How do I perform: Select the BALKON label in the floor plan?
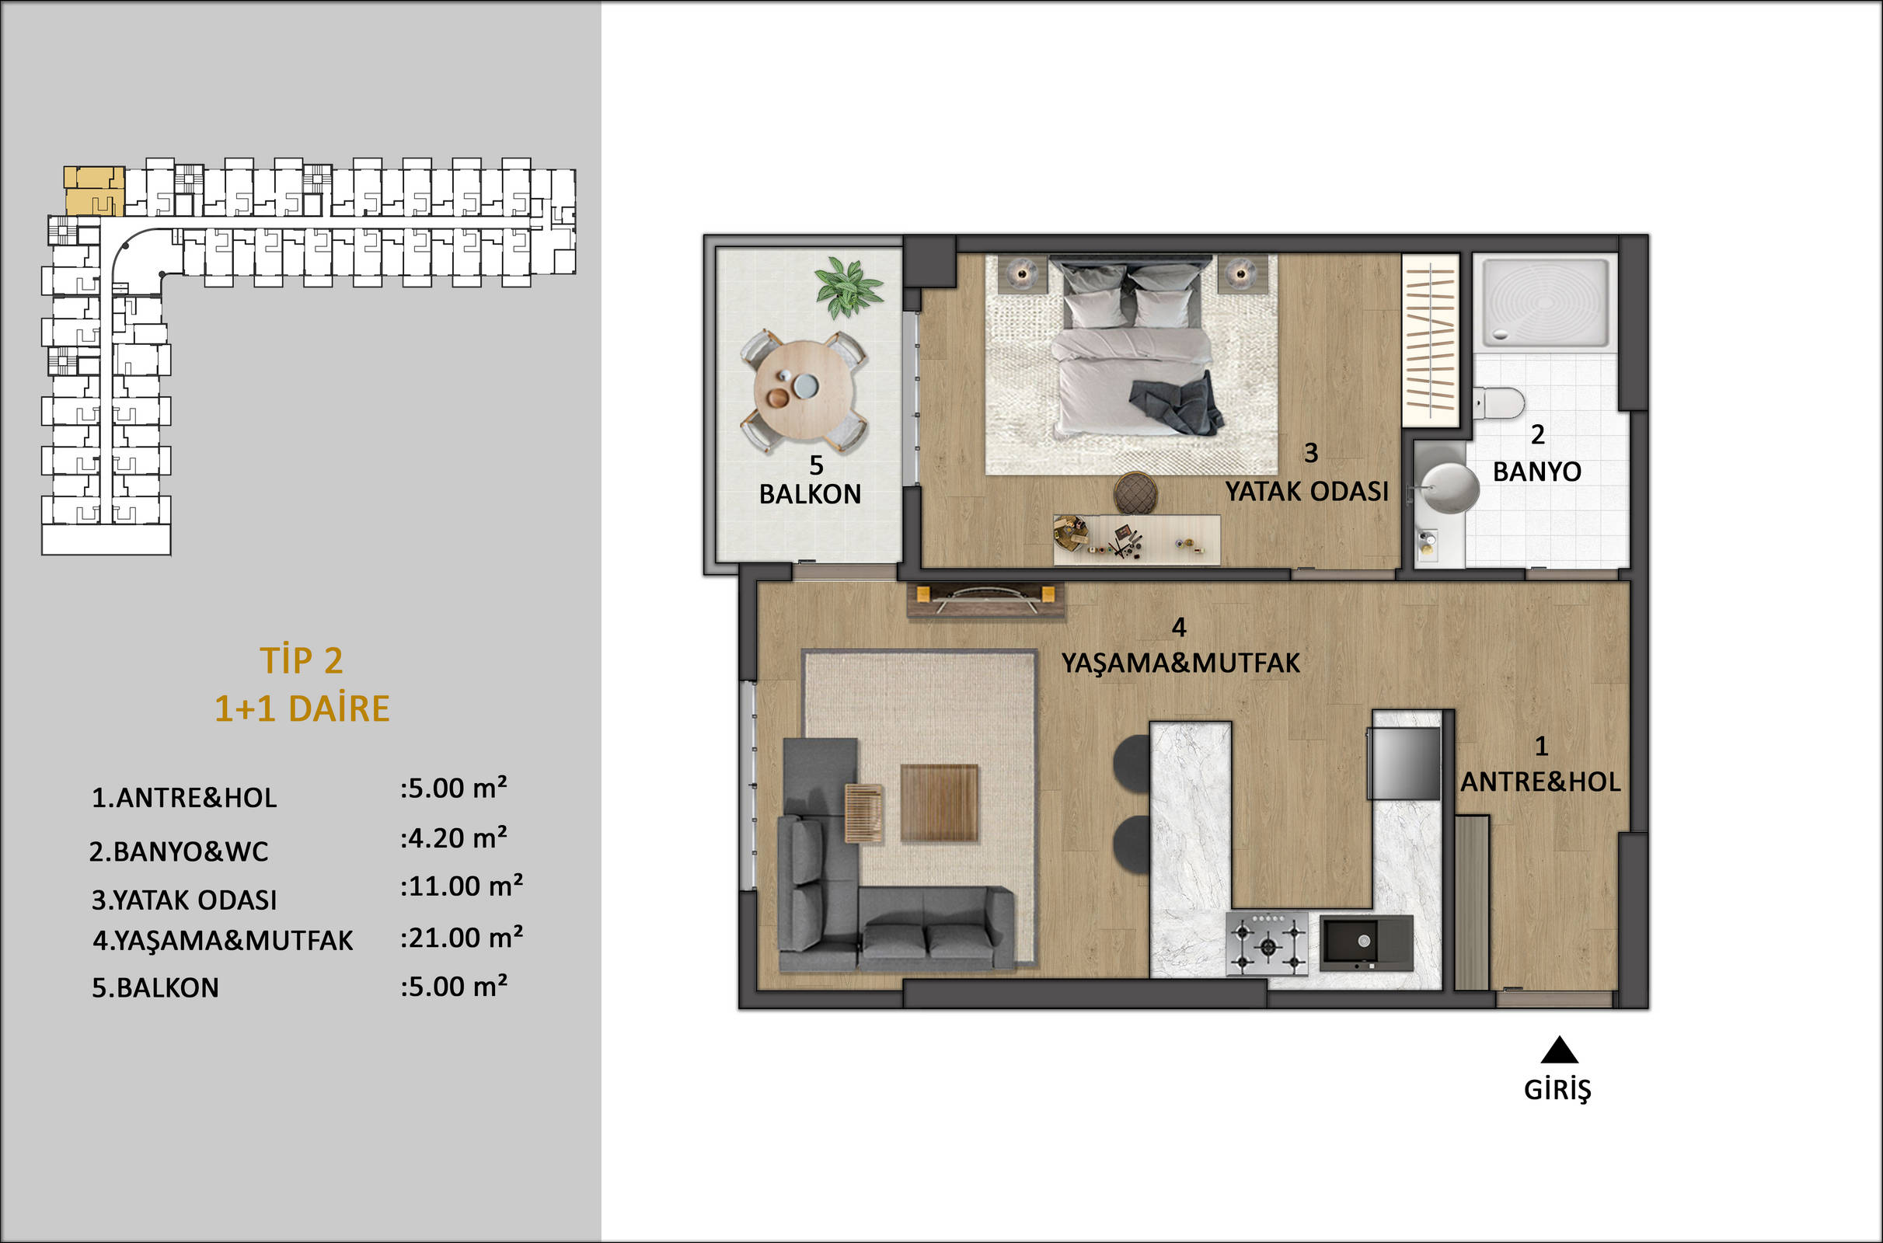tap(810, 494)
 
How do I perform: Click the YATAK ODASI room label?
tap(1306, 492)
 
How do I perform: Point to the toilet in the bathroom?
tap(1500, 402)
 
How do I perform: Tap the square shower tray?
tap(1546, 303)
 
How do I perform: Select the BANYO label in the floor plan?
tap(1536, 472)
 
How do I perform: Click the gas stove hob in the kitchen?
tap(1267, 943)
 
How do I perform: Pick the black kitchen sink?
tap(1366, 942)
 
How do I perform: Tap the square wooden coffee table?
tap(940, 803)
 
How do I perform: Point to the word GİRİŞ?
tap(1557, 1090)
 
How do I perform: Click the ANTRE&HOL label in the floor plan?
tap(1540, 782)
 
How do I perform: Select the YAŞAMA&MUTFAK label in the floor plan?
tap(1180, 663)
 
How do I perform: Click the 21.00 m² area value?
tap(462, 938)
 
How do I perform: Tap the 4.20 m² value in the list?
tap(454, 838)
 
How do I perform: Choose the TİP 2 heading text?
tap(302, 660)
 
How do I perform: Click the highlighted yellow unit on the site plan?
tap(94, 191)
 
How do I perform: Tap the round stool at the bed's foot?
tap(1135, 493)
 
